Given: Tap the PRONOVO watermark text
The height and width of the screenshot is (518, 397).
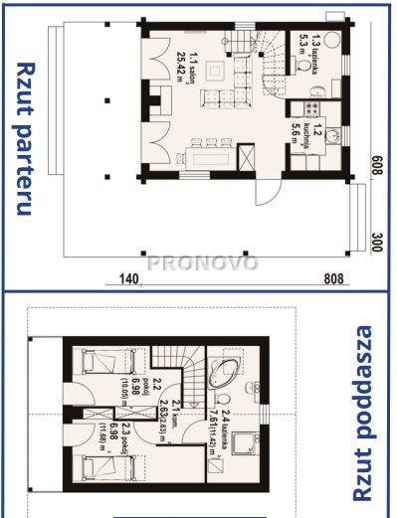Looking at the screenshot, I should (204, 263).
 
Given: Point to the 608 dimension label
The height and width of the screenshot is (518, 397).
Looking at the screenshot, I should (377, 165).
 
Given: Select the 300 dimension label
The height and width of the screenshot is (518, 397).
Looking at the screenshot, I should (377, 240).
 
